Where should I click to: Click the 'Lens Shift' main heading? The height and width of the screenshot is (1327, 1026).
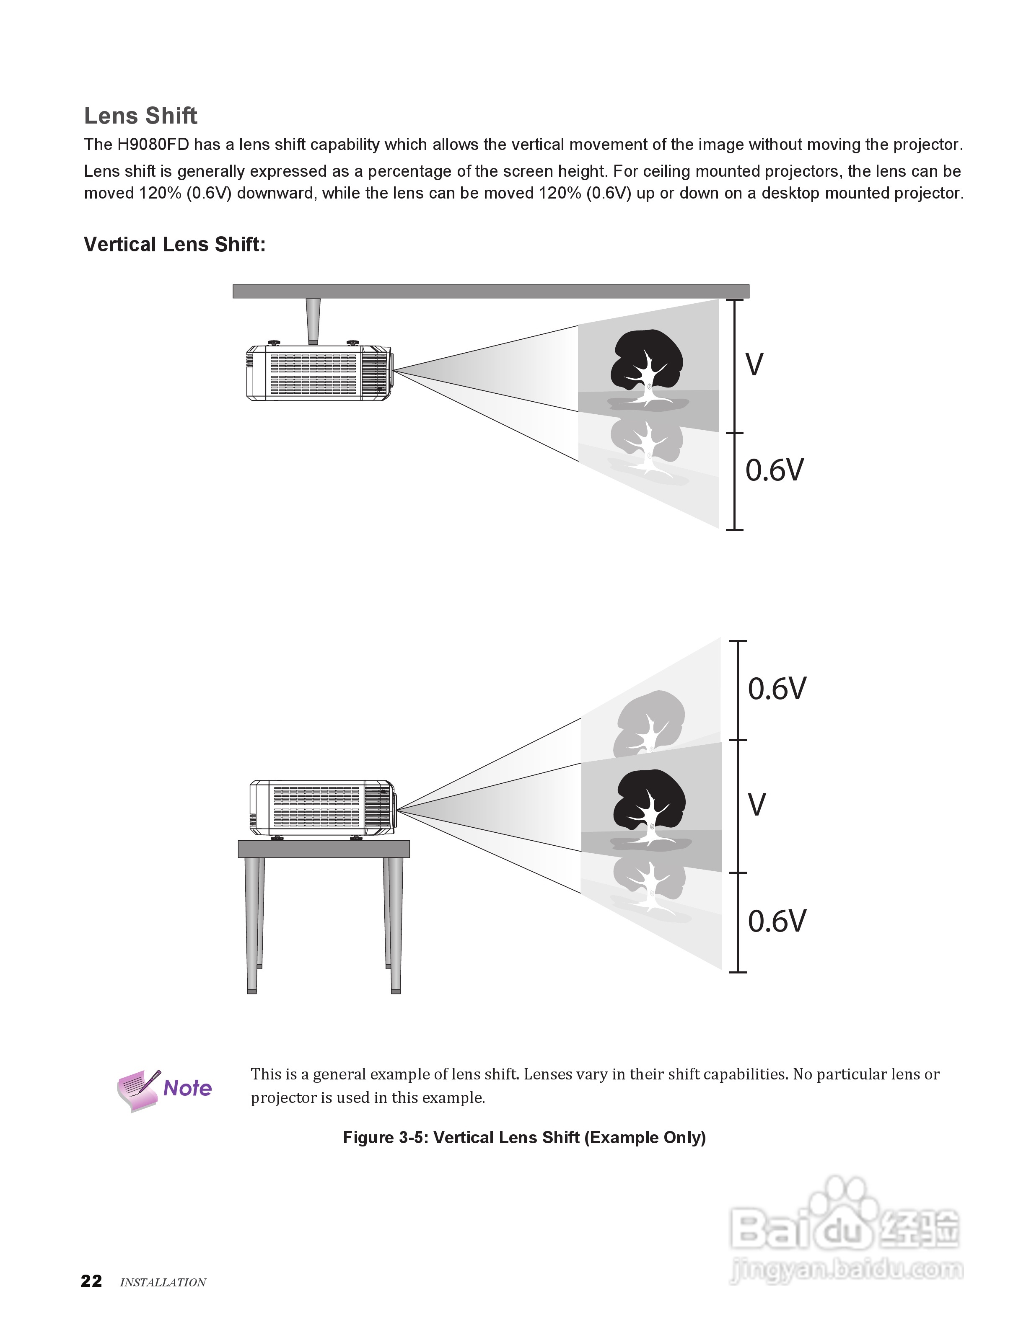coord(140,116)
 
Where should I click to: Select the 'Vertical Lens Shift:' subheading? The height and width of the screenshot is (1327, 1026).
coord(174,244)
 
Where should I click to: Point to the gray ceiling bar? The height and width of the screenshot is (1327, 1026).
coord(490,291)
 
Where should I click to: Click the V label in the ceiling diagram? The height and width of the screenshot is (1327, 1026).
coord(754,364)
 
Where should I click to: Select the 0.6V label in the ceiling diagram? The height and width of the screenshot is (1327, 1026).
coord(775,470)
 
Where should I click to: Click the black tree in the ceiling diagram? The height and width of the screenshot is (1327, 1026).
coord(647,361)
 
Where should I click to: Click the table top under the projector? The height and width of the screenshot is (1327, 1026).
coord(324,849)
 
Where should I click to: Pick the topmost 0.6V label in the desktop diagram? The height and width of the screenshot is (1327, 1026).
coord(777,688)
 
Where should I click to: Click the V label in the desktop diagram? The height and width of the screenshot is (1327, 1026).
coord(757,805)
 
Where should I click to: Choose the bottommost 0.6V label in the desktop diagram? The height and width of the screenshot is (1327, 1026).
coord(777,921)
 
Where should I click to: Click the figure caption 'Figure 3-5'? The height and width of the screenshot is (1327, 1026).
coord(524,1137)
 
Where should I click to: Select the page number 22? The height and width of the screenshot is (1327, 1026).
coord(92,1281)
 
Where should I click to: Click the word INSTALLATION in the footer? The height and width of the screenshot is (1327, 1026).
coord(163,1282)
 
